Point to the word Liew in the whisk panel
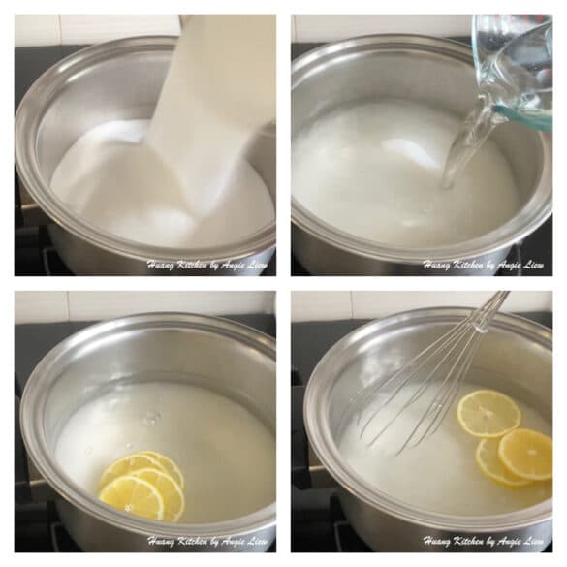coord(535,542)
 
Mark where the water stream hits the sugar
coord(448,185)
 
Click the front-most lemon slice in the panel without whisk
coord(132,497)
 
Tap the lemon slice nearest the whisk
coord(488,413)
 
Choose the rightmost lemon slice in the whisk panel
coord(525,455)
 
